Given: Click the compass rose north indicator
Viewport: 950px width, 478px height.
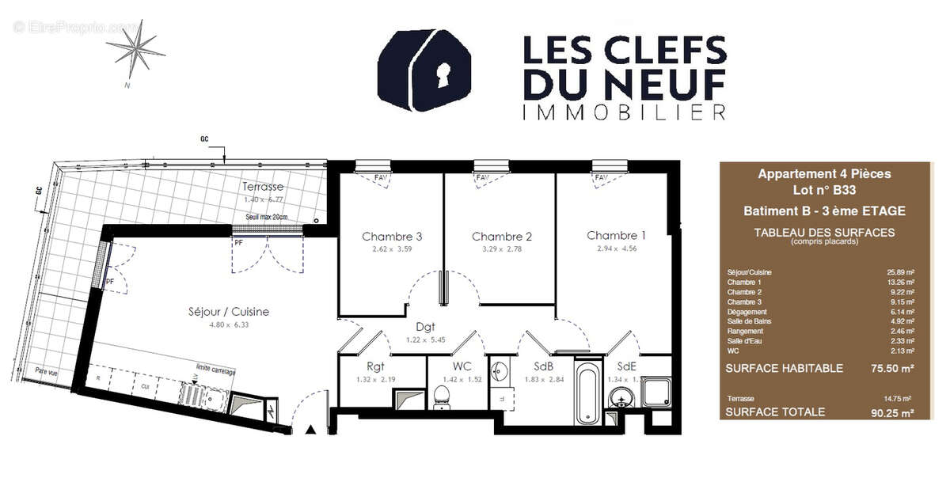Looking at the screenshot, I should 136,47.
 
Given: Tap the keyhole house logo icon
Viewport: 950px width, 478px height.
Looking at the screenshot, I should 429,70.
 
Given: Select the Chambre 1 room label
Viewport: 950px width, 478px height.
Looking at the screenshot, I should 616,235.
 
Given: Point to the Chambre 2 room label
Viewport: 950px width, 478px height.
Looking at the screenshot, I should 501,237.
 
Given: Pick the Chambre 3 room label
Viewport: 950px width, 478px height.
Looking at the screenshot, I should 392,237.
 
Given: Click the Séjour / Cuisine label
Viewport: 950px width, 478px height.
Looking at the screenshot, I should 229,312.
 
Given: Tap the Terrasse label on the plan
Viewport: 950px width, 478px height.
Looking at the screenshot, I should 264,187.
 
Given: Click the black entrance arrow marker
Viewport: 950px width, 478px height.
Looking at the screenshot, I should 311,430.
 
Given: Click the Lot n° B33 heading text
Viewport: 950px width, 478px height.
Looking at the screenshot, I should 824,190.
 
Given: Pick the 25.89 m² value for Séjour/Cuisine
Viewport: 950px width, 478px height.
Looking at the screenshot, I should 901,272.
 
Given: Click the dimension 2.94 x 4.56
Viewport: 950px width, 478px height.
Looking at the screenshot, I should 616,248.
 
